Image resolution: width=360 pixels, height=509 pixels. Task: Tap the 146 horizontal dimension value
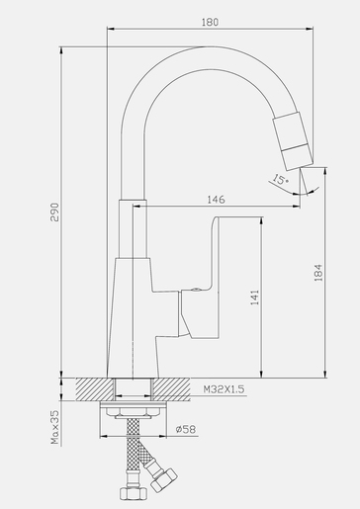(x=215, y=199)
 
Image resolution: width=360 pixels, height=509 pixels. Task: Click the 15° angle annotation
(x=282, y=180)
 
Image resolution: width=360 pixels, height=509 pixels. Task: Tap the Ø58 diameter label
(x=184, y=431)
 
